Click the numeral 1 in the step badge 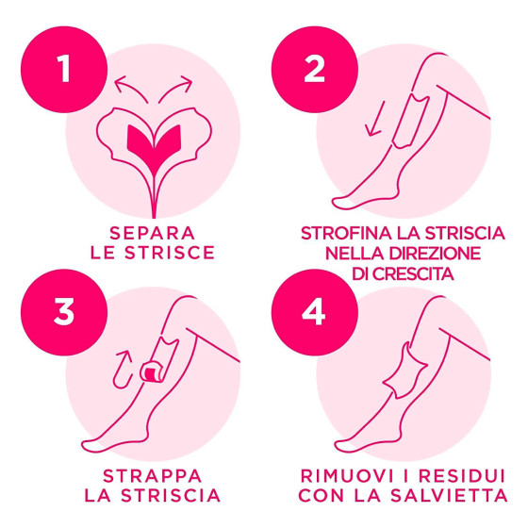tap(64, 69)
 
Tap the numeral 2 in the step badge tap(314, 69)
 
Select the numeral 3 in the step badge tap(64, 312)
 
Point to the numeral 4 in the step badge tap(313, 312)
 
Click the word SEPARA tap(153, 233)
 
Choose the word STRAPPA tap(152, 476)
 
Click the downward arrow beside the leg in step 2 tap(375, 119)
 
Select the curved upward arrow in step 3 tap(123, 369)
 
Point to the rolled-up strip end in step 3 tap(152, 372)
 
